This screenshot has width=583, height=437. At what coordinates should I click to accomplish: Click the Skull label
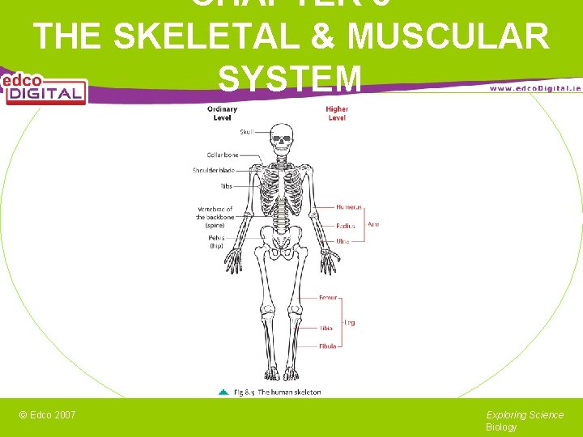(246, 132)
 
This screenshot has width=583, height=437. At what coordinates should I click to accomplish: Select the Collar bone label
(223, 155)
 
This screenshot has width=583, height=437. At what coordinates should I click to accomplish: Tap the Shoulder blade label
(214, 170)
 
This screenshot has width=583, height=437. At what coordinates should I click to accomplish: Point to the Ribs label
(226, 186)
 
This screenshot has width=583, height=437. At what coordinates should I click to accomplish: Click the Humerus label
(349, 207)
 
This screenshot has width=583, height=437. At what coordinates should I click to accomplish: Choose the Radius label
(345, 226)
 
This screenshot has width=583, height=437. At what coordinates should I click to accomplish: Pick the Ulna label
(343, 241)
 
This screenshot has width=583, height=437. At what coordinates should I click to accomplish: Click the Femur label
(328, 298)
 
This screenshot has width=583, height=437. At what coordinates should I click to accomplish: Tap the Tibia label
(326, 329)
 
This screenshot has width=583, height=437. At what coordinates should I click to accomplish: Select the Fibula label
(327, 346)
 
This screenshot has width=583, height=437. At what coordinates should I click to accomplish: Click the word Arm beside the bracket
(373, 224)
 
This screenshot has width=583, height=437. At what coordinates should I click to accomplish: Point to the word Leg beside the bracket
(350, 322)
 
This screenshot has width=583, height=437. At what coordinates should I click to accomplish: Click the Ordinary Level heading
(223, 113)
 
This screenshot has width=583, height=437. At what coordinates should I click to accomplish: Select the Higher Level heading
(337, 113)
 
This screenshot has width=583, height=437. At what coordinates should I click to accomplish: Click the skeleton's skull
(281, 139)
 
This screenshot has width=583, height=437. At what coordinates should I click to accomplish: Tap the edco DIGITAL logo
(44, 88)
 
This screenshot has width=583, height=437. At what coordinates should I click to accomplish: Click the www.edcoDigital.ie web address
(534, 87)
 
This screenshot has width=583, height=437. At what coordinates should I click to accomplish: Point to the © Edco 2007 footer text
(48, 415)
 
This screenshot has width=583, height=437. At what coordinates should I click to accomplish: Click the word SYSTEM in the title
(290, 78)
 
